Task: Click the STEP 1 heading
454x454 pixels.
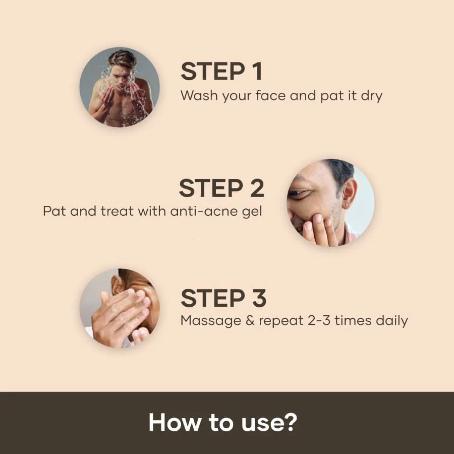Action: (x=221, y=72)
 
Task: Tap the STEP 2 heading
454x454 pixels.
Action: (x=221, y=188)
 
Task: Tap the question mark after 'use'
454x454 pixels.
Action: (x=290, y=423)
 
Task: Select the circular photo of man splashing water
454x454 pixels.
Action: (x=120, y=86)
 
